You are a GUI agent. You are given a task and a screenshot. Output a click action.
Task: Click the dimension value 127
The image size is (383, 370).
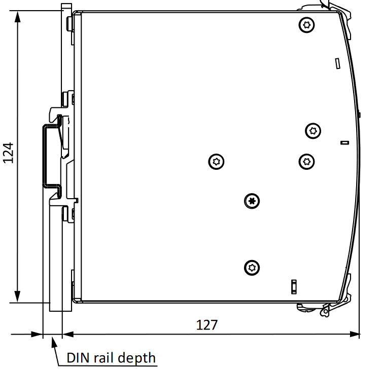[x=207, y=325]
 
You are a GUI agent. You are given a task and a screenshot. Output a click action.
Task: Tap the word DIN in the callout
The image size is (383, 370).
[x=78, y=358]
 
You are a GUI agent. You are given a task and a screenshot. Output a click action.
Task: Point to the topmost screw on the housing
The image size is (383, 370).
[x=306, y=25]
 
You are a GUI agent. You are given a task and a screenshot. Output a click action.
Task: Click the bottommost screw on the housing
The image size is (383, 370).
[x=252, y=267]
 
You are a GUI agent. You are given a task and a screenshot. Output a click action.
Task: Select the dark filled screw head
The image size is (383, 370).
[x=252, y=201]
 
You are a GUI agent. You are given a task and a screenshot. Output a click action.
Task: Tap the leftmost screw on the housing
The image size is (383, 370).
[x=217, y=162]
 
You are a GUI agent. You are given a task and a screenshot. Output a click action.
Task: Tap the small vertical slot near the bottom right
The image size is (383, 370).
[x=293, y=286]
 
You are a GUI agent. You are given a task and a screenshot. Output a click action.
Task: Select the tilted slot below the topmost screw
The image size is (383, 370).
[x=337, y=63]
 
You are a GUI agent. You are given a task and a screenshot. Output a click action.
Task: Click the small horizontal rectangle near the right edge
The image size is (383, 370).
[x=344, y=143]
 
